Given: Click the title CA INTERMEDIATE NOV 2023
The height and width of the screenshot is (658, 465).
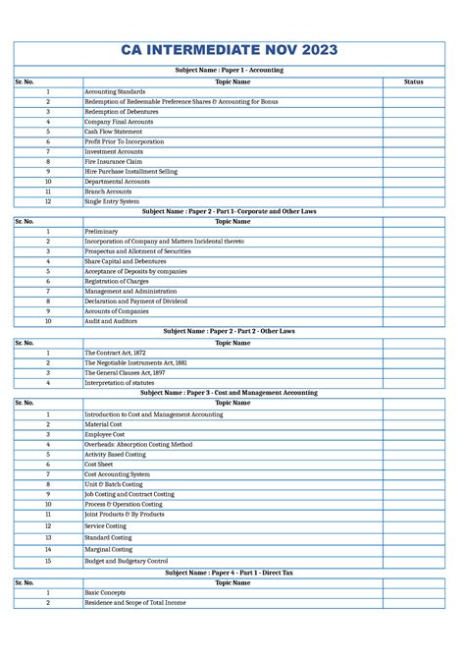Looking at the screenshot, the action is point(231,50).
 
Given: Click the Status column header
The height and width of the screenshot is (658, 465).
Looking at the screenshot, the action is point(413,82).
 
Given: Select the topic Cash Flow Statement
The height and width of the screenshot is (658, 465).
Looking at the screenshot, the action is point(114,132).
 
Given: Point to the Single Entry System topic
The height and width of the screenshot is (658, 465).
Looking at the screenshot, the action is point(113,201).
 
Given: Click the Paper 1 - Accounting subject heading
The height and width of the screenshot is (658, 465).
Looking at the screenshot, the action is point(230,71).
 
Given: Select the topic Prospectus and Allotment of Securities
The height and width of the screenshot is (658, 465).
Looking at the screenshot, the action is point(137,251).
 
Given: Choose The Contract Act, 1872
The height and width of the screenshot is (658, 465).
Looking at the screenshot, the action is point(116,353).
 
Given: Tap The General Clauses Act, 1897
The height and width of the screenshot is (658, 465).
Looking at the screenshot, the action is point(125,373).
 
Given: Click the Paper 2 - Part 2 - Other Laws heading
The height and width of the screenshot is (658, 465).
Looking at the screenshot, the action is point(230,331).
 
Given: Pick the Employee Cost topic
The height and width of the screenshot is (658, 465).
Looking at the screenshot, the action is point(105,434).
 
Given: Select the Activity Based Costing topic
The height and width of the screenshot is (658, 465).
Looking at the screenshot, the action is point(116,455).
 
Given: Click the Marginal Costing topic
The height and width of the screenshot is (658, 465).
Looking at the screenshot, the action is point(109,550).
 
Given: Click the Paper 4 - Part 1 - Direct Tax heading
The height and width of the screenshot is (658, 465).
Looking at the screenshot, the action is point(230,572).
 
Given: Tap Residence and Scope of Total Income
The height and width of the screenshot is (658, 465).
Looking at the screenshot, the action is point(135,603).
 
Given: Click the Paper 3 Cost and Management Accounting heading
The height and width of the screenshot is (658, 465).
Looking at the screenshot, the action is point(230,392).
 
